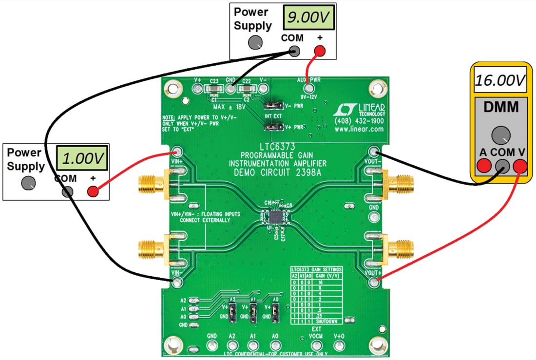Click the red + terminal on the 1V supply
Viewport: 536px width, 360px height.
tap(92, 191)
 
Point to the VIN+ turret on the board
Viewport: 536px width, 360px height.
tap(176, 152)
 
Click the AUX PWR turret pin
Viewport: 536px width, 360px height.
tap(307, 89)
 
